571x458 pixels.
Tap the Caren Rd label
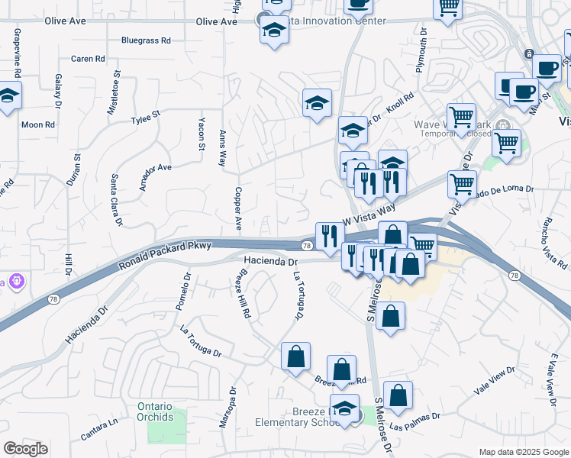pyautogui.click(x=88, y=59)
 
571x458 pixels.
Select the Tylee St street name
pyautogui.click(x=145, y=119)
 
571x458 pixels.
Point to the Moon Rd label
pyautogui.click(x=38, y=124)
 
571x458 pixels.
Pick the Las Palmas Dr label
pyautogui.click(x=414, y=421)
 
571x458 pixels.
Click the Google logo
pyautogui.click(x=25, y=449)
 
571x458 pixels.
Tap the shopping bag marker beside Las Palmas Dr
pyautogui.click(x=398, y=395)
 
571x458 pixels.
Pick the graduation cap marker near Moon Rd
pyautogui.click(x=8, y=96)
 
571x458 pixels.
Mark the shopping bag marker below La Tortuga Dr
pyautogui.click(x=295, y=356)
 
